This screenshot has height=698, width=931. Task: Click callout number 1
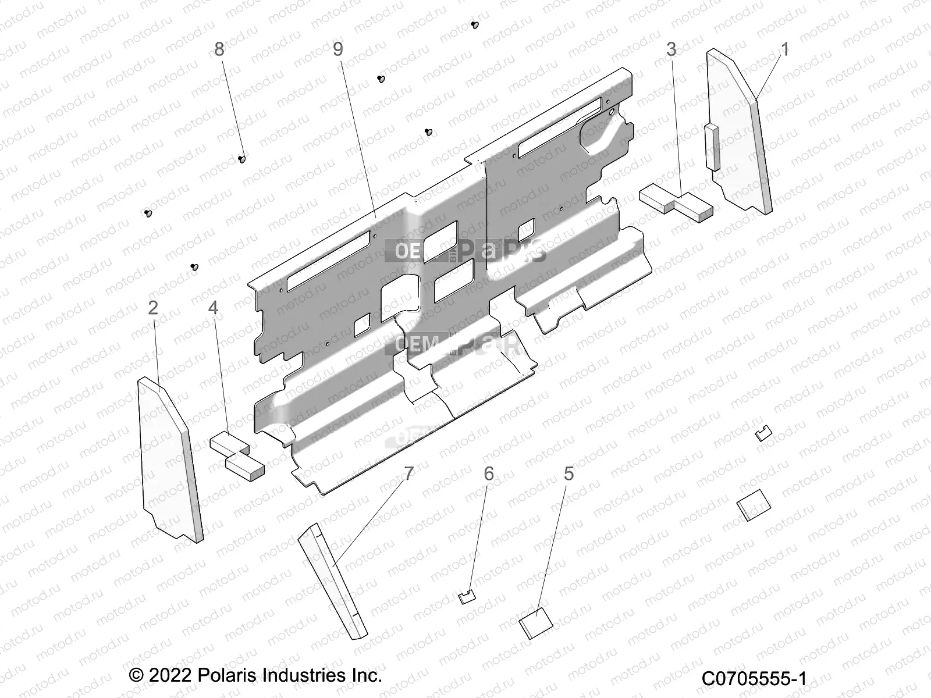[x=784, y=50]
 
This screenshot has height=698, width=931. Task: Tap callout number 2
[x=153, y=308]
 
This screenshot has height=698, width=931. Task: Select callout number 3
[x=671, y=50]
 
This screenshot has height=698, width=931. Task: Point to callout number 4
[x=214, y=308]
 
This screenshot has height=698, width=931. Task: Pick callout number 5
[x=568, y=474]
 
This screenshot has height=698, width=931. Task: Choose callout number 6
[x=489, y=474]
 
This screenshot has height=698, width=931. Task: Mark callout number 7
[x=408, y=474]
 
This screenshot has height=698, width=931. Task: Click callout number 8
[x=219, y=49]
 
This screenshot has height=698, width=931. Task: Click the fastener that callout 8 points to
[x=242, y=159]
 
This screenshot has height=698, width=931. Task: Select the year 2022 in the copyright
[x=168, y=675]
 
